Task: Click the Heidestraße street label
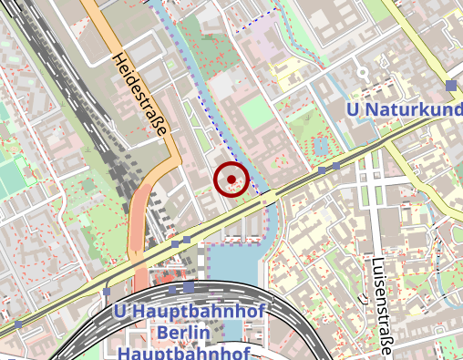(x=140, y=95)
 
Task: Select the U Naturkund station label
(x=405, y=110)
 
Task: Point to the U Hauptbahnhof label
(x=189, y=312)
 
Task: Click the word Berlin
(x=189, y=333)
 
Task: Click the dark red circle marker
(x=232, y=179)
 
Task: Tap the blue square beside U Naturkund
(x=451, y=86)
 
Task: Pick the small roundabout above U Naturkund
(x=363, y=71)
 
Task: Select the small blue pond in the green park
(x=319, y=145)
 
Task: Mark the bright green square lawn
(x=257, y=113)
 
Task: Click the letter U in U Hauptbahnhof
(x=119, y=312)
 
